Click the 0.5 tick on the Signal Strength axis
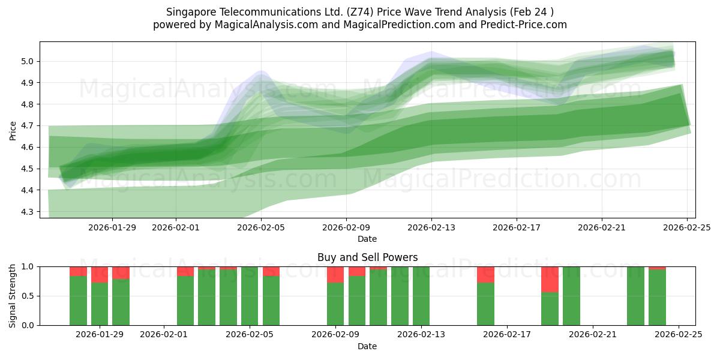[x=29, y=296]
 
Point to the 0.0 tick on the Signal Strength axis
[x=29, y=325]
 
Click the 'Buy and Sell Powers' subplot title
[x=367, y=257]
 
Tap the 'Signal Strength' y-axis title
[x=13, y=296]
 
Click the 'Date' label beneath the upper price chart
[x=367, y=239]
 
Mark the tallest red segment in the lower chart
[x=550, y=280]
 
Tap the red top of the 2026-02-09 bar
[x=335, y=275]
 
